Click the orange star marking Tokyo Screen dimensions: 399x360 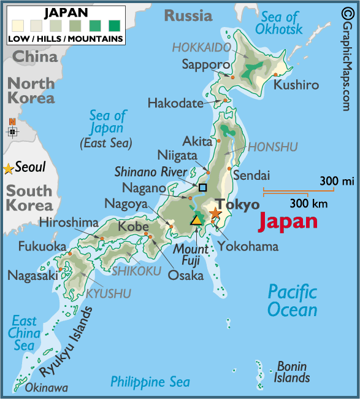tap(215, 214)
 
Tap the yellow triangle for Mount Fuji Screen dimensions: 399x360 tap(196, 219)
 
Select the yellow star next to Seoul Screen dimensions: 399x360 tap(8, 168)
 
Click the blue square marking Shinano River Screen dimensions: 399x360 tap(202, 187)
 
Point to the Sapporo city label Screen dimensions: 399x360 tap(205, 64)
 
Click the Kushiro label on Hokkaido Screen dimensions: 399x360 tap(296, 85)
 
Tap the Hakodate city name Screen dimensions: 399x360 tap(175, 103)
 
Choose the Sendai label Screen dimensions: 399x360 tap(251, 176)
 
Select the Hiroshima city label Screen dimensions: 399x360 tap(69, 222)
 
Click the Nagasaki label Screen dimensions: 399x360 tap(33, 276)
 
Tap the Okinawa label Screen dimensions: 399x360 tap(46, 388)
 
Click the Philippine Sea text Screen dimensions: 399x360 tap(150, 382)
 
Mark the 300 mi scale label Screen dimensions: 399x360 tap(337, 181)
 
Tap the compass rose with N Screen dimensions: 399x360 tap(12, 130)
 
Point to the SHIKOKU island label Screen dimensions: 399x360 tap(136, 270)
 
